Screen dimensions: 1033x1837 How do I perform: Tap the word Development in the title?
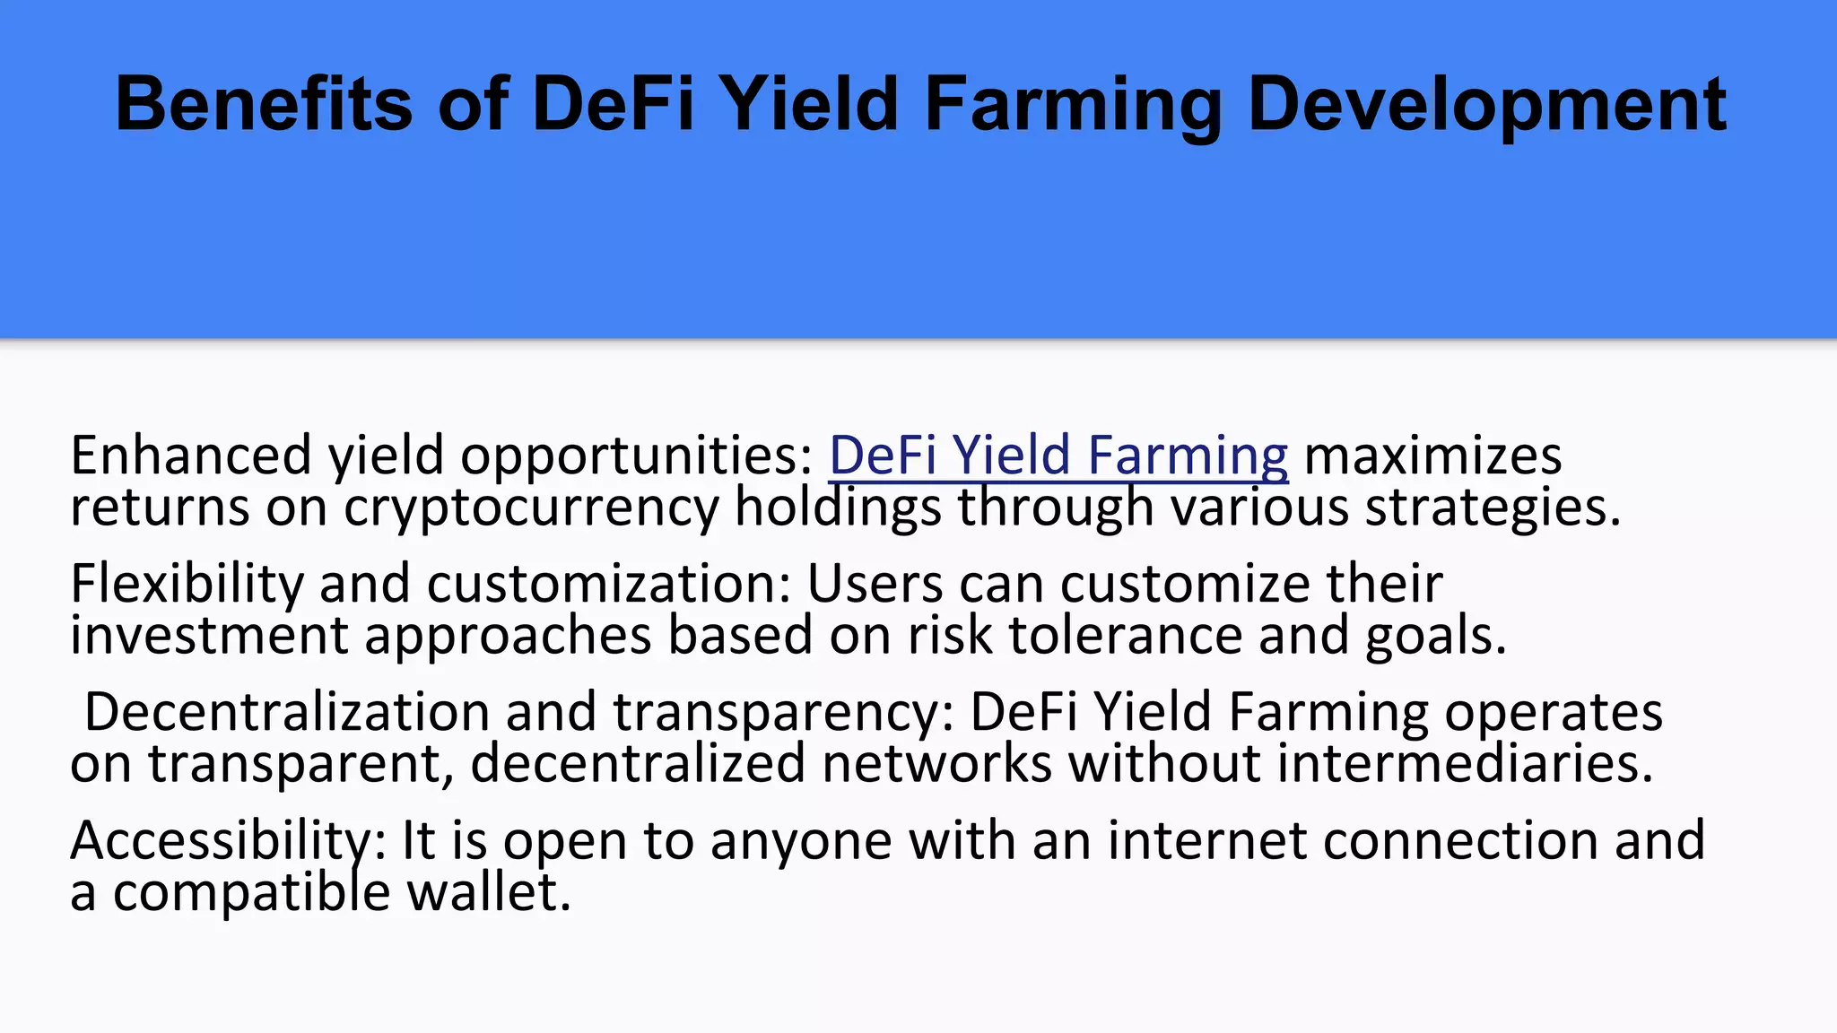click(1486, 106)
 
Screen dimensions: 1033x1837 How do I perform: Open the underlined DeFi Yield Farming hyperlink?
click(1058, 456)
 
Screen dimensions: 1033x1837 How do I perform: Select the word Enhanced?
click(191, 456)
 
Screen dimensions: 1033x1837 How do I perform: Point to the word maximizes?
click(1432, 456)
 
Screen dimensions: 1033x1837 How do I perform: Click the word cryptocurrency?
click(531, 508)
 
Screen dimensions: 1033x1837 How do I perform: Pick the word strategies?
click(1493, 508)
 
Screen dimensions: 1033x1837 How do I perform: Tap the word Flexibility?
click(187, 584)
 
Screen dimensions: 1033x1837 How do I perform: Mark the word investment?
click(209, 636)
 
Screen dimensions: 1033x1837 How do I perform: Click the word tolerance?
click(1126, 636)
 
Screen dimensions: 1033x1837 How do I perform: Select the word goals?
click(1435, 636)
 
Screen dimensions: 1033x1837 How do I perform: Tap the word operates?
click(1554, 712)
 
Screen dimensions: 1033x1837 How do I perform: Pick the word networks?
click(936, 764)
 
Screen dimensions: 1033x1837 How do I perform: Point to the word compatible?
click(251, 893)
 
